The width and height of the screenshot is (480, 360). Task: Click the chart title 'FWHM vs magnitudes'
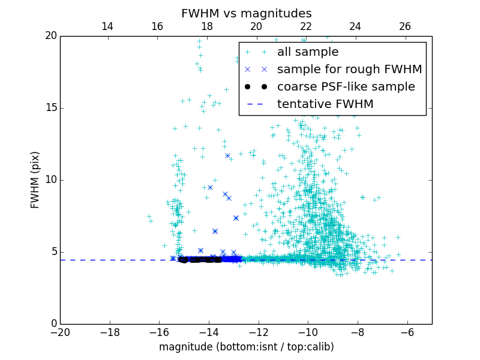coord(247,13)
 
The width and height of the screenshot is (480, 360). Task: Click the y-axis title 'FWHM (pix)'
coord(35,179)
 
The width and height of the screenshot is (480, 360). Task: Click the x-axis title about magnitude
coord(246,347)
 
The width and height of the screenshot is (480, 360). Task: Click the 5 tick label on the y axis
coord(53,252)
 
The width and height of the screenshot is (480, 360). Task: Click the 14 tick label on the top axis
coord(107,26)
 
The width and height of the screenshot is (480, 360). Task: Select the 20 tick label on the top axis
coord(256,26)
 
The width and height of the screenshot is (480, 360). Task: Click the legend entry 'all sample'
coord(308,52)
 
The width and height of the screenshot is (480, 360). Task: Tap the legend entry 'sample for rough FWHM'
coord(349,70)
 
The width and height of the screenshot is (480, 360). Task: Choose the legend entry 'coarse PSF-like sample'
coord(346,87)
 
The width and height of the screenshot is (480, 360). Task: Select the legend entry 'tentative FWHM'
coord(325,104)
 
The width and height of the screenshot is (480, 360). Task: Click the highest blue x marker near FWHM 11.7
coord(227,155)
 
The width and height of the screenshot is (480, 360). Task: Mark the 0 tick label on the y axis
coord(53,324)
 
